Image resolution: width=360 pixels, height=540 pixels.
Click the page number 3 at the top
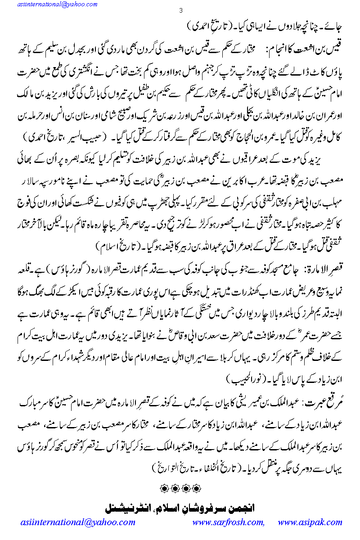pyautogui.click(x=180, y=11)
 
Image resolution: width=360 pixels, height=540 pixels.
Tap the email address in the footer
pyautogui.click(x=77, y=523)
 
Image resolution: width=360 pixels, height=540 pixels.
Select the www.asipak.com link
pyautogui.click(x=310, y=523)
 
